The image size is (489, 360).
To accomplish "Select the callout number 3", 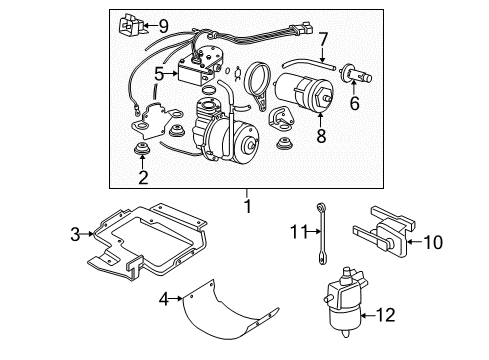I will (x=74, y=236).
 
